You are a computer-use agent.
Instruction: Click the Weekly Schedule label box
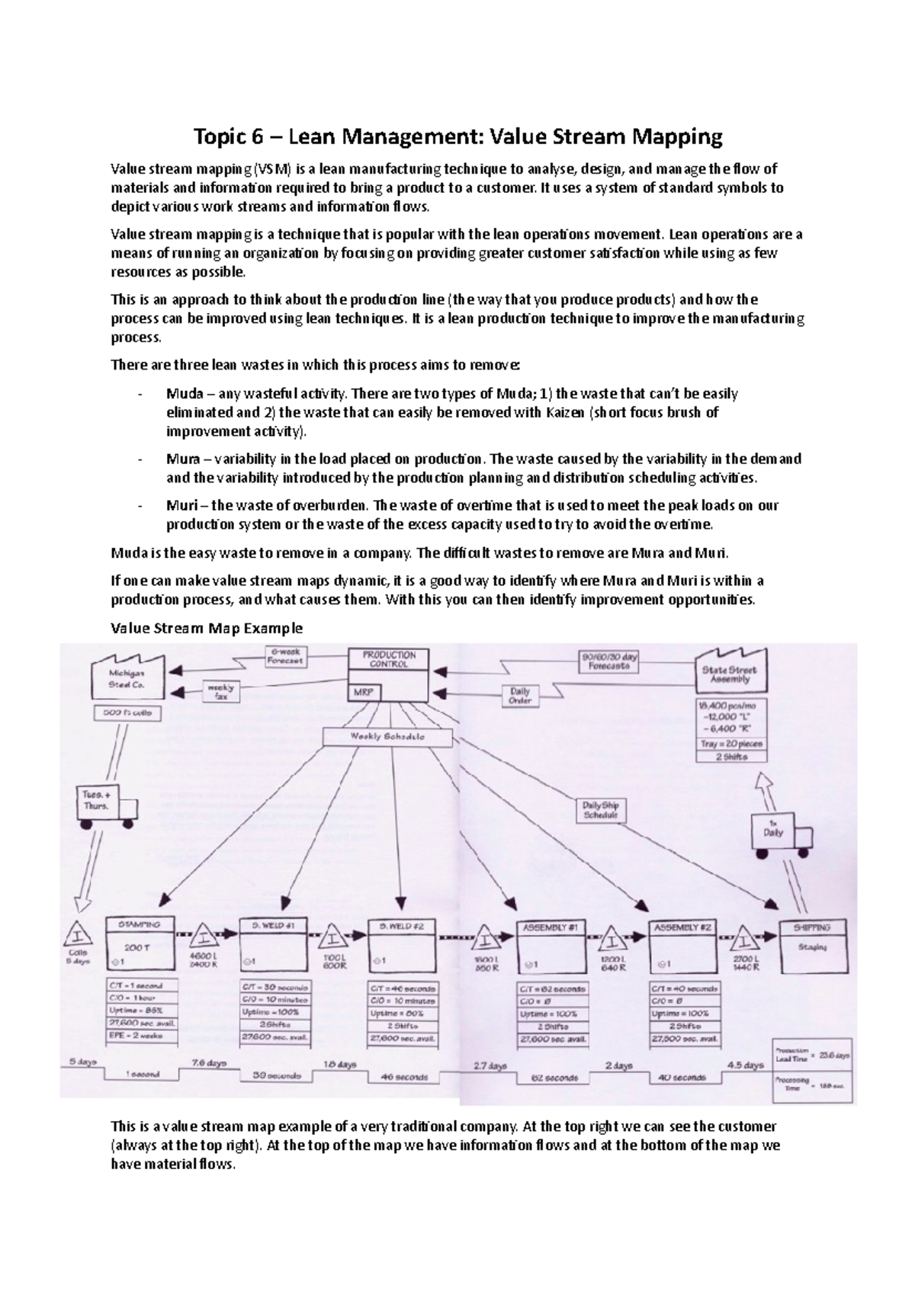point(387,737)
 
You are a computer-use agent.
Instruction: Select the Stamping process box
point(140,944)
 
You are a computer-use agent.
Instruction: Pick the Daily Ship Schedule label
point(600,810)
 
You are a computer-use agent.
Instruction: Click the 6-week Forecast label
point(286,656)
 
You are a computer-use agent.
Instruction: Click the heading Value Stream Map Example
point(207,629)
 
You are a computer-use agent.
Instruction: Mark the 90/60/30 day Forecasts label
point(610,660)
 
